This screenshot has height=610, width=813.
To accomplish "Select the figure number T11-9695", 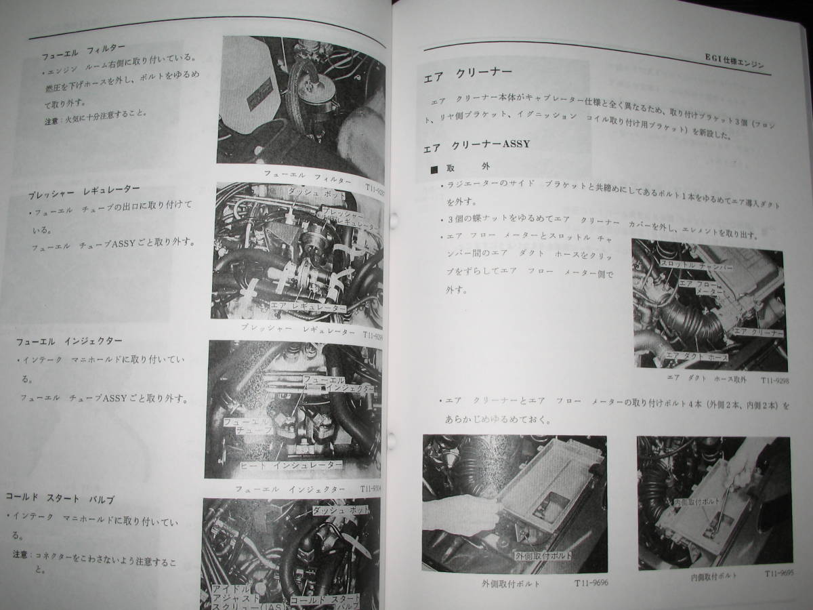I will point(779,573).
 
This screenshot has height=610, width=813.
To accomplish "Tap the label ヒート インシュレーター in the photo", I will point(292,466).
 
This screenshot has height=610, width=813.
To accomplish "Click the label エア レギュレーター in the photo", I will point(308,309).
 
